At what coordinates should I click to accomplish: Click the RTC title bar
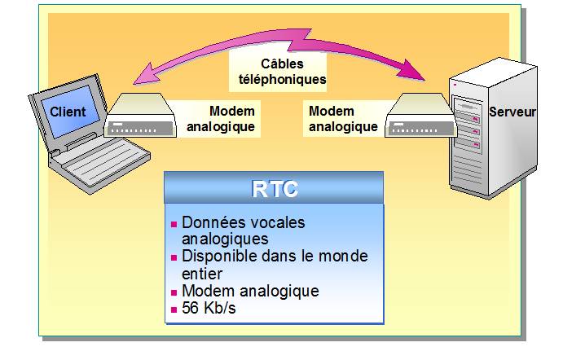click(273, 188)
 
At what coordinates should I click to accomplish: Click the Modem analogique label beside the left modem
click(221, 119)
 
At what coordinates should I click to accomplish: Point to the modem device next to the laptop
click(139, 116)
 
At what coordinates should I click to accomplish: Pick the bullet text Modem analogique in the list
click(249, 291)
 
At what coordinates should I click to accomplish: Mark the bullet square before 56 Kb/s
click(174, 309)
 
